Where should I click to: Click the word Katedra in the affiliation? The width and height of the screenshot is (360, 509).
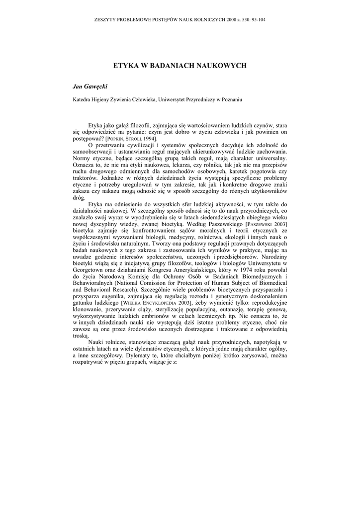(83, 99)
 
